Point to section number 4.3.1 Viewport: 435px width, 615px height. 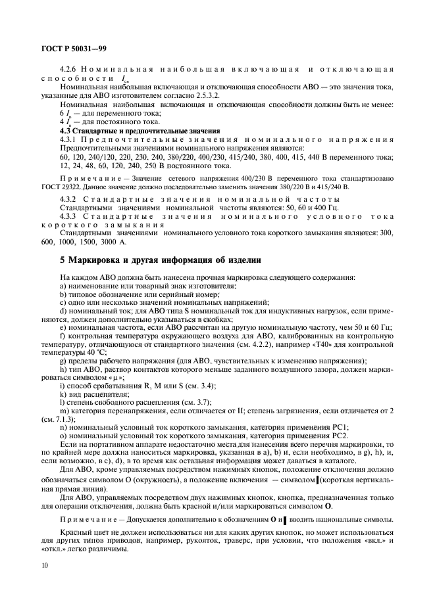click(x=69, y=140)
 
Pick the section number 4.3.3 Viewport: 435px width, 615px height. click(x=69, y=216)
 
